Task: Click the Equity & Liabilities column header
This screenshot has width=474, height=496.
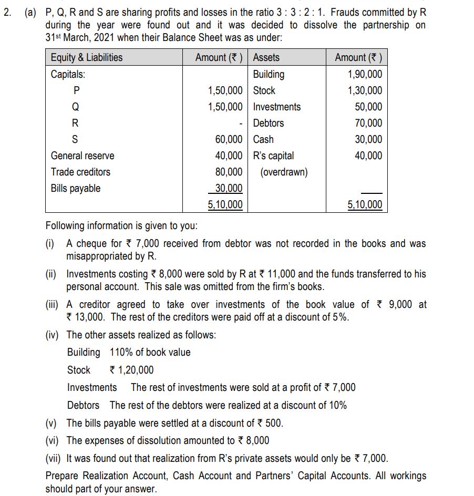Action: click(x=87, y=58)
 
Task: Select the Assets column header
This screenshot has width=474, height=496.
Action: click(x=266, y=58)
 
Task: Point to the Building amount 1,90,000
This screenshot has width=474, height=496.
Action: click(x=365, y=74)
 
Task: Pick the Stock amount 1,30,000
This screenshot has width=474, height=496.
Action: click(x=365, y=90)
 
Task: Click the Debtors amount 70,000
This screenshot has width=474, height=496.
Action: click(x=368, y=123)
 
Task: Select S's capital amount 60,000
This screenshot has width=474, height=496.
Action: click(x=229, y=139)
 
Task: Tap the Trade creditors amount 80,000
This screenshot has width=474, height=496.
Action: click(x=229, y=172)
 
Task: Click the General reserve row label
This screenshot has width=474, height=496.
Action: click(x=83, y=156)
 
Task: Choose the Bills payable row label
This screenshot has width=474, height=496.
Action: click(x=76, y=188)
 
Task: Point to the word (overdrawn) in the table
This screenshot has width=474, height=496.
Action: click(x=284, y=172)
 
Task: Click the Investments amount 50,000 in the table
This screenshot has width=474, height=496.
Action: click(x=368, y=107)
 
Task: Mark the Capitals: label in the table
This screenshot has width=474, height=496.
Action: click(x=68, y=74)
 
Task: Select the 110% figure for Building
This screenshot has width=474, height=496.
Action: click(x=121, y=352)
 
